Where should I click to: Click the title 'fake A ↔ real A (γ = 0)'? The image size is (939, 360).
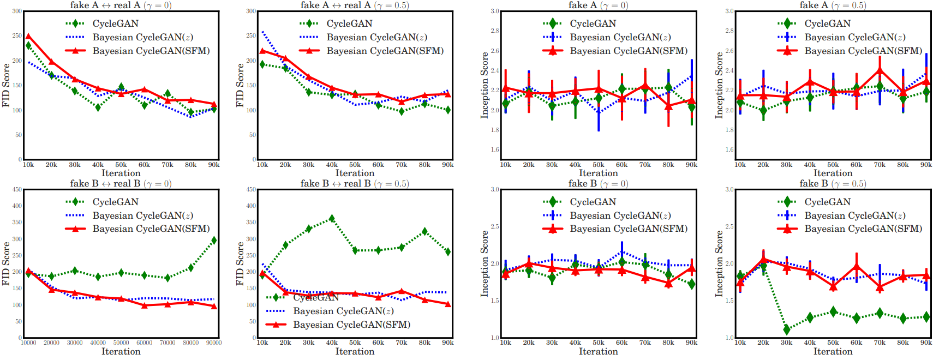pyautogui.click(x=121, y=5)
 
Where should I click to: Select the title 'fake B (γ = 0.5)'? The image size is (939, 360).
pyautogui.click(x=833, y=183)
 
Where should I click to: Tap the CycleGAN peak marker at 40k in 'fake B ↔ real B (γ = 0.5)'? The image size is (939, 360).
pyautogui.click(x=332, y=219)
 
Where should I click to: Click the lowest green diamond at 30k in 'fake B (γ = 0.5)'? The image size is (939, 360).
pyautogui.click(x=786, y=329)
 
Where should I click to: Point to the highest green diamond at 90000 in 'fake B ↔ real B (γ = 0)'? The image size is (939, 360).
pyautogui.click(x=214, y=240)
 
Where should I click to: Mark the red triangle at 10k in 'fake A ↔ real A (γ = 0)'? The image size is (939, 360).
pyautogui.click(x=28, y=37)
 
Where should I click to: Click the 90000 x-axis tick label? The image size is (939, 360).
pyautogui.click(x=214, y=343)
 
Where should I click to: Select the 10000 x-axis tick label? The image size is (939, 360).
pyautogui.click(x=28, y=343)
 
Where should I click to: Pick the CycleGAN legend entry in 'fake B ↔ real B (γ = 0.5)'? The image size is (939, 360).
pyautogui.click(x=315, y=297)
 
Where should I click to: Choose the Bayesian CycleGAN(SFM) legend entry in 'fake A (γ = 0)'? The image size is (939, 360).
pyautogui.click(x=628, y=51)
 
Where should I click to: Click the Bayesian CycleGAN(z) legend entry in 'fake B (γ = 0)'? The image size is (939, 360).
pyautogui.click(x=620, y=215)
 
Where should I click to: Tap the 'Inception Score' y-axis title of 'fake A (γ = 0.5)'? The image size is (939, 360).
pyautogui.click(x=719, y=85)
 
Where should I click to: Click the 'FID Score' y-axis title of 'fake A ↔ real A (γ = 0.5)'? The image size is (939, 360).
pyautogui.click(x=240, y=85)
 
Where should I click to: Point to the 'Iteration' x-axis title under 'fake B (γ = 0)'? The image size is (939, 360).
pyautogui.click(x=598, y=352)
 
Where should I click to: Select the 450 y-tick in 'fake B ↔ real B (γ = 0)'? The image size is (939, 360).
pyautogui.click(x=17, y=190)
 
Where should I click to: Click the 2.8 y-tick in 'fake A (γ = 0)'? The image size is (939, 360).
pyautogui.click(x=495, y=31)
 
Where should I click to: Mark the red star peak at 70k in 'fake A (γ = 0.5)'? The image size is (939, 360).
pyautogui.click(x=880, y=69)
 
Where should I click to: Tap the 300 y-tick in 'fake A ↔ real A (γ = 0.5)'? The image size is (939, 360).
pyautogui.click(x=251, y=11)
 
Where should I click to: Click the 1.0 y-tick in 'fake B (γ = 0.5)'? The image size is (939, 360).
pyautogui.click(x=729, y=338)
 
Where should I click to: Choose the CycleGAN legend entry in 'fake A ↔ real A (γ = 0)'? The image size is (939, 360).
pyautogui.click(x=115, y=23)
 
